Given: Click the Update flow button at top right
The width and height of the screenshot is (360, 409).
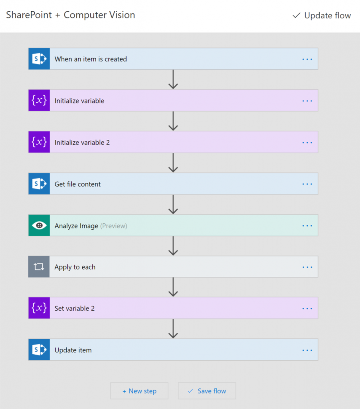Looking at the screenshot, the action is coord(322,16).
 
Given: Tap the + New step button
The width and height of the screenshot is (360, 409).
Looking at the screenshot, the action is coord(139,391).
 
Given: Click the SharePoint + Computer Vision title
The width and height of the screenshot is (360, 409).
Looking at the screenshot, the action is coord(71,15).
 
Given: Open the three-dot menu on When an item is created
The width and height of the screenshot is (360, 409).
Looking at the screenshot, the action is coord(307,59).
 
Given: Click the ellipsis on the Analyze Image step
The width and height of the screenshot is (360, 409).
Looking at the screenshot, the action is coord(307,226).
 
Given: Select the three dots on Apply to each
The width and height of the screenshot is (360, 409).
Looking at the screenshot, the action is coord(307,267).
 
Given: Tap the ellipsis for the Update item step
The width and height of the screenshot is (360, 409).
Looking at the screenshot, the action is coord(307,350).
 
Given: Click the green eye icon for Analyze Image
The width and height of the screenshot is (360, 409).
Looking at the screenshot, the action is coord(39,225).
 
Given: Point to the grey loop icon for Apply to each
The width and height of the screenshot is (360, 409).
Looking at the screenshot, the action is coord(39,266).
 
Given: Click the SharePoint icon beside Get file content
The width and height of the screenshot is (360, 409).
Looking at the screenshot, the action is coord(39,184).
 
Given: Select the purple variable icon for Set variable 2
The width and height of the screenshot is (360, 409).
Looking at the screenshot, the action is coord(39,308).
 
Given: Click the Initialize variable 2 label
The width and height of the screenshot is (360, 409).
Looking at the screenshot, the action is coord(82,143).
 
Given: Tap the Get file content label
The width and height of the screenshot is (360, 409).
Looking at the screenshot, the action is coord(77,184).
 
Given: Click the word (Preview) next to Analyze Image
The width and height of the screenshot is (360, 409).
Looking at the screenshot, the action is coord(114,226).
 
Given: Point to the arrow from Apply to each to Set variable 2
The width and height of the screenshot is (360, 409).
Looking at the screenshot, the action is coord(173,287).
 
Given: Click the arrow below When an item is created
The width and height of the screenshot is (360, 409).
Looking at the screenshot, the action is coord(173,79).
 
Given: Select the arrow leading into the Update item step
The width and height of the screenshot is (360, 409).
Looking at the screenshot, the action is coord(173,329).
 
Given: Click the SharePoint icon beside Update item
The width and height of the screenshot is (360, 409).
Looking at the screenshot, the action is coord(39,350).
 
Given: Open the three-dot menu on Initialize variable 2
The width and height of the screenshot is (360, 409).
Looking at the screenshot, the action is coord(307,143).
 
